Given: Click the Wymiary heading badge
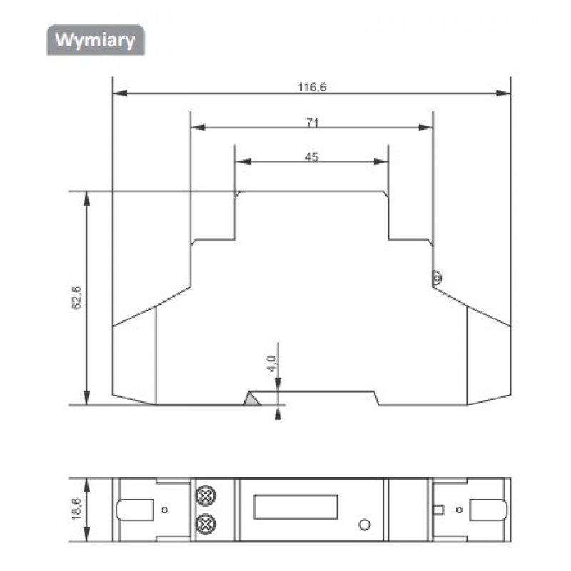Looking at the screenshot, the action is (x=96, y=40).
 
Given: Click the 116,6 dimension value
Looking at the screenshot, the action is (x=312, y=87).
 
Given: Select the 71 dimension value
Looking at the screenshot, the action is (x=312, y=123).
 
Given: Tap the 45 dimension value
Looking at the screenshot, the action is (x=312, y=157).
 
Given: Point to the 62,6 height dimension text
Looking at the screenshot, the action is (x=76, y=298).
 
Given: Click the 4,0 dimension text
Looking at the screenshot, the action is (x=272, y=363).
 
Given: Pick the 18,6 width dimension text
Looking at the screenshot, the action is (x=76, y=509).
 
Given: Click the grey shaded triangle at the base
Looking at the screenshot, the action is (x=252, y=399).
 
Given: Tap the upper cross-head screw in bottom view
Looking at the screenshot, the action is (x=206, y=495).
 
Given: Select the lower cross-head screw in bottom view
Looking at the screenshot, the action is (x=206, y=524).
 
